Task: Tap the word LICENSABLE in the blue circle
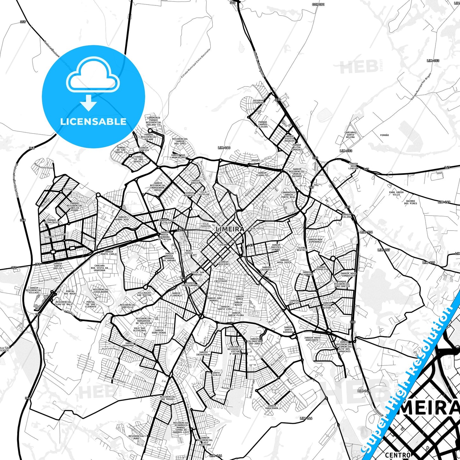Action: point(93,122)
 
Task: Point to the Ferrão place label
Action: point(384,135)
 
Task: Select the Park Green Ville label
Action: point(396,194)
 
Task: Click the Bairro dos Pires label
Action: point(411,202)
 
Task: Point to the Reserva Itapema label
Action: point(258,102)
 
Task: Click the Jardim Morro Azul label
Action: point(122,218)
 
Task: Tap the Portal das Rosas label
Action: point(70,292)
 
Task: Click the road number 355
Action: point(23,22)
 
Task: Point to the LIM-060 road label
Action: point(224,148)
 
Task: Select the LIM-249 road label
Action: point(444,202)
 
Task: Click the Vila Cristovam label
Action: point(221,280)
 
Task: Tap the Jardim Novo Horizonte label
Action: point(311,339)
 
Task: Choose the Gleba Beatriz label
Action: point(302,249)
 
